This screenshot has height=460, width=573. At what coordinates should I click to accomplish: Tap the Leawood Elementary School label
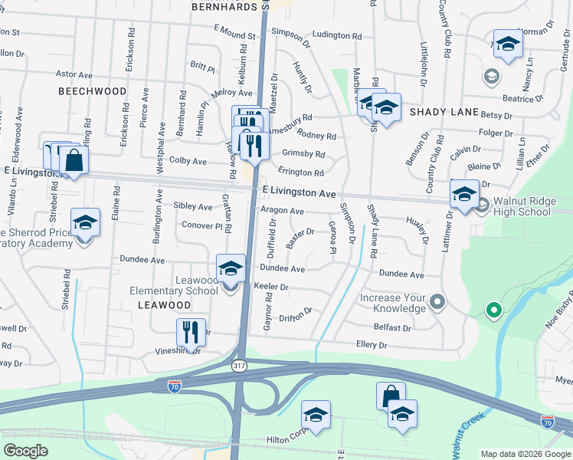point(174,285)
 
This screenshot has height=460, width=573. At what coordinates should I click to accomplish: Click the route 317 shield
point(240,366)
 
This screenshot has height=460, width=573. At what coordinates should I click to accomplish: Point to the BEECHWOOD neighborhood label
point(92,91)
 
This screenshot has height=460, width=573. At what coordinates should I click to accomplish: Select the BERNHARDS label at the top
point(224,6)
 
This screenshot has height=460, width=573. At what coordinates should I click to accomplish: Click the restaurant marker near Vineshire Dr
point(191,332)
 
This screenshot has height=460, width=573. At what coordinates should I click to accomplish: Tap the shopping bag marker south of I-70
point(391,396)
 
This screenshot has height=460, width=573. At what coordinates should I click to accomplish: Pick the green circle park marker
point(494,310)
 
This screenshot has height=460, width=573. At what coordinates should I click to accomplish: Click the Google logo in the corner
point(25,451)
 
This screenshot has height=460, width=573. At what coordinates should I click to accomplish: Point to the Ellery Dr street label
point(372,346)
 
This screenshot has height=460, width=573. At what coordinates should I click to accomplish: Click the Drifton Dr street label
point(295,313)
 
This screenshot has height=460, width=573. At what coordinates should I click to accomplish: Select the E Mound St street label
point(234,35)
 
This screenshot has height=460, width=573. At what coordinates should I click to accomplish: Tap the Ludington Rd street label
point(337,35)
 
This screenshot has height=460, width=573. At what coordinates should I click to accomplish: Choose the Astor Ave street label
point(74,74)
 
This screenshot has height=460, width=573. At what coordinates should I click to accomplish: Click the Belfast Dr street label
point(394,327)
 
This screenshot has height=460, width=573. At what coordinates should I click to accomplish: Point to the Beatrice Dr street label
point(517,99)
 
